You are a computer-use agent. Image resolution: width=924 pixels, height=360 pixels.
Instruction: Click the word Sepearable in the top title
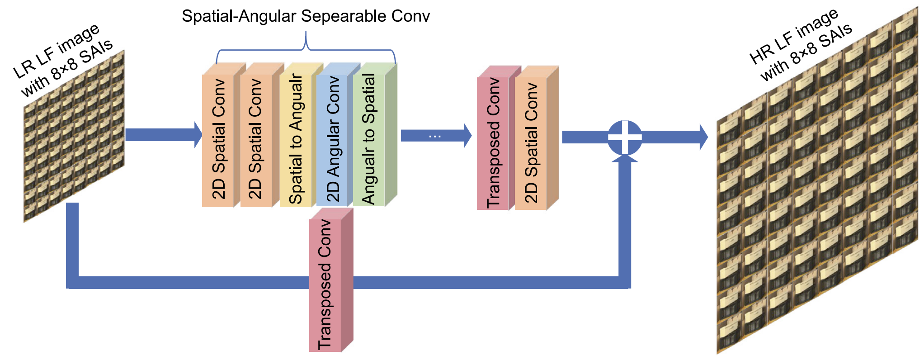pos(344,16)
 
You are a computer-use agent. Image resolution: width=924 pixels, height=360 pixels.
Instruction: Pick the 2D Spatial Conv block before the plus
pos(531,142)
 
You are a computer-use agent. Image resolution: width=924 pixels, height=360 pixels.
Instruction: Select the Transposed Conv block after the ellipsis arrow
pos(493,142)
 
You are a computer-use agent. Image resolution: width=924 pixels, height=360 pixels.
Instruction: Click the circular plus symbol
pos(624,137)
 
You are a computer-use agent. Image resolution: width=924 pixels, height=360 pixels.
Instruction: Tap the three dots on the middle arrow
pos(434,136)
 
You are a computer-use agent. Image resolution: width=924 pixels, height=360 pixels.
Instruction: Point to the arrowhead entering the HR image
pos(703,137)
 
